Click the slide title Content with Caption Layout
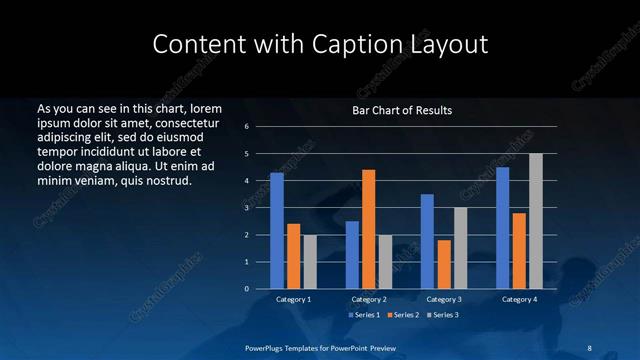[x=320, y=45]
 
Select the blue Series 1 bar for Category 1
[x=277, y=231]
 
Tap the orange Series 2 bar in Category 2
[x=368, y=229]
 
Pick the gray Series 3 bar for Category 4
[x=536, y=221]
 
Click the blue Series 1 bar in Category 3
[x=427, y=241]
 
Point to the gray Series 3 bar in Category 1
[x=309, y=262]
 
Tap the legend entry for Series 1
[x=364, y=315]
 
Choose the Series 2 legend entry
[x=403, y=315]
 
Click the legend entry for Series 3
[x=443, y=315]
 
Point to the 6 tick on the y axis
[x=247, y=127]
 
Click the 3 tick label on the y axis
[x=247, y=208]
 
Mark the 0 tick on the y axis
[x=247, y=289]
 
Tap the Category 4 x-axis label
[x=518, y=299]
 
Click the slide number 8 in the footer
[x=590, y=348]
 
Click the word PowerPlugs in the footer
[x=265, y=348]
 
